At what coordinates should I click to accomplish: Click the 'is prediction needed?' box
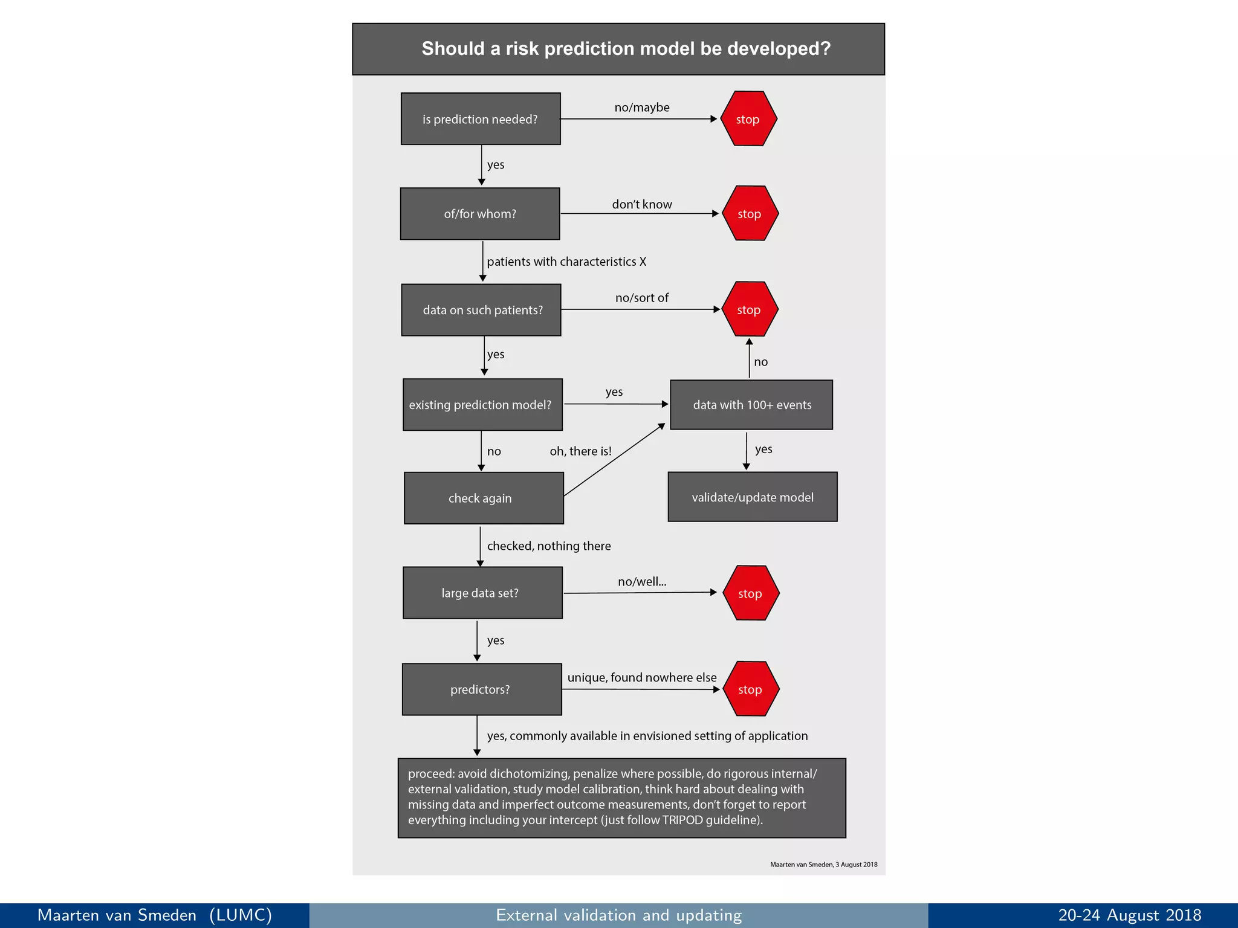tap(481, 119)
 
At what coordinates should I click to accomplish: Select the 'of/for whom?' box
tap(480, 214)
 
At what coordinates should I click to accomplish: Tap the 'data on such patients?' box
tap(482, 310)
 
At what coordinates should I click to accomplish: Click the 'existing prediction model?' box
tap(482, 405)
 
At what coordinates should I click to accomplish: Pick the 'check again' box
tap(484, 498)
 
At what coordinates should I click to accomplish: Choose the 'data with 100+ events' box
tap(751, 405)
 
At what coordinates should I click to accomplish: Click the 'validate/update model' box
tap(753, 497)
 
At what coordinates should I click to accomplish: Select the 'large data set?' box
tap(482, 593)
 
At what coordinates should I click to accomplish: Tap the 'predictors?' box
tap(482, 689)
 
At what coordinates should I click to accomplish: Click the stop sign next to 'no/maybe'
tap(748, 119)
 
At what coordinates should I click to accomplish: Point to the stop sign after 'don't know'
tap(750, 214)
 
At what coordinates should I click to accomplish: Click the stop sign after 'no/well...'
tap(751, 593)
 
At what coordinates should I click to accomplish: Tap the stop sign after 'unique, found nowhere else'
tap(751, 689)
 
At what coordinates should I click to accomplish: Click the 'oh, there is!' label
tap(580, 451)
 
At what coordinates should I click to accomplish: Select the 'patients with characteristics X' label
tap(566, 262)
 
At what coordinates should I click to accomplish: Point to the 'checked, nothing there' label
tap(549, 546)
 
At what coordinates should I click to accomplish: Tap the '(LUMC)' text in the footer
tap(241, 915)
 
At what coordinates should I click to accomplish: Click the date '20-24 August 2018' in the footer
tap(1129, 915)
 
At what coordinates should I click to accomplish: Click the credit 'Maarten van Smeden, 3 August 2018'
tap(823, 865)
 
